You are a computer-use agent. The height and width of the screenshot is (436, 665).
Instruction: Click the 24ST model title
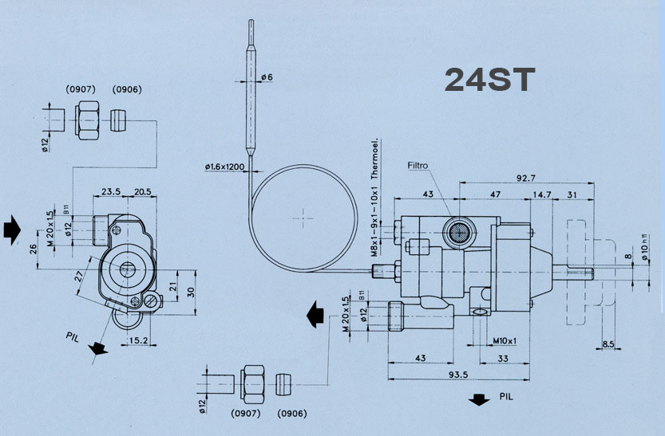(489, 80)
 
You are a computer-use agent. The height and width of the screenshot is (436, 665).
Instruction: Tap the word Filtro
(418, 167)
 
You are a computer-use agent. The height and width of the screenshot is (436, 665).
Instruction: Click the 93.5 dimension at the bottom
(458, 375)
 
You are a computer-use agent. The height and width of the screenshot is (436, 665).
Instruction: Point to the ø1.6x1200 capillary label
(226, 167)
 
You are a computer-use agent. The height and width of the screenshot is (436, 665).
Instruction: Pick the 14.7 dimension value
(543, 194)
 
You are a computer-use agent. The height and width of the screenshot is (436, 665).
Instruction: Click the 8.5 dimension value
(609, 345)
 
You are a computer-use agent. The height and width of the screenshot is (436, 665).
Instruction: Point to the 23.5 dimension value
(111, 192)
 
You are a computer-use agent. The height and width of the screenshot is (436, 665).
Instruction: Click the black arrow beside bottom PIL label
(479, 399)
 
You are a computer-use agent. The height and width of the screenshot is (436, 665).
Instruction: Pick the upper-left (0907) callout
(80, 89)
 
